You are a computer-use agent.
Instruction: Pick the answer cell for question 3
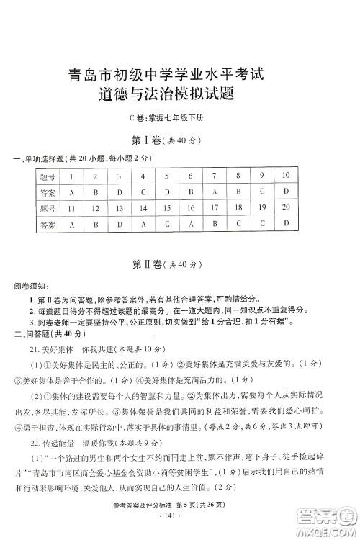(120, 193)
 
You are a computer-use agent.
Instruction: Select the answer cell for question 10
(286, 192)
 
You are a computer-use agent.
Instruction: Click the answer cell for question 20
(286, 223)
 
